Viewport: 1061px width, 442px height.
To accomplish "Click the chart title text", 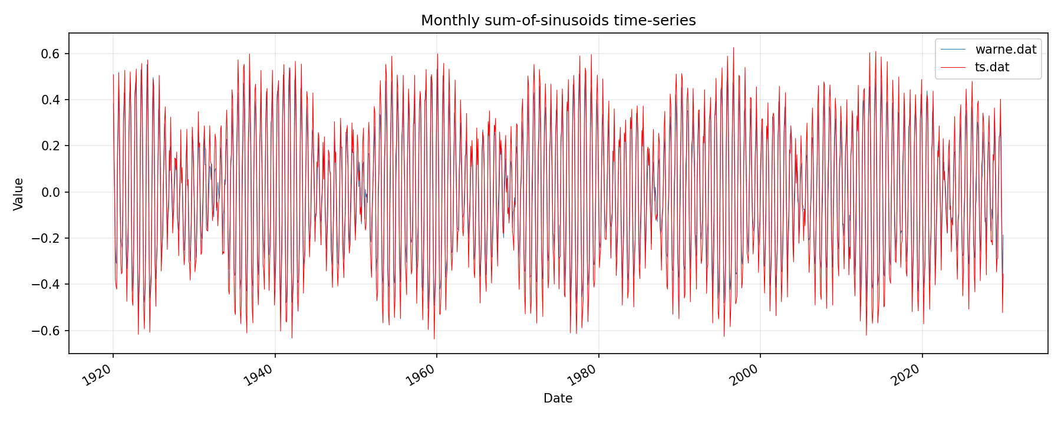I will pos(558,21).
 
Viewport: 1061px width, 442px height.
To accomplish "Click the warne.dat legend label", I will pos(1006,50).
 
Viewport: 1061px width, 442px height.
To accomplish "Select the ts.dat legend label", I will pos(992,67).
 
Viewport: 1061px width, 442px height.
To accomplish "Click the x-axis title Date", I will pos(558,398).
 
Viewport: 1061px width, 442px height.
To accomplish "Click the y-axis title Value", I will pos(19,194).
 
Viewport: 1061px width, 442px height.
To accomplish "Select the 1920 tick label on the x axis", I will pos(97,375).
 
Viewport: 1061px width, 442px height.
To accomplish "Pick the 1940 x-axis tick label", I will pos(259,375).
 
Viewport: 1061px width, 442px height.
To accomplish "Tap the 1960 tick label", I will pos(420,375).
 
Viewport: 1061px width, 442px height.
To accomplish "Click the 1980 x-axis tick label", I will pos(582,375).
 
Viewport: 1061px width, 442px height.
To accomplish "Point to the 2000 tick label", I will pos(744,375).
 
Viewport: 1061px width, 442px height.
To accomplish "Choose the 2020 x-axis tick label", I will pos(906,375).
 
